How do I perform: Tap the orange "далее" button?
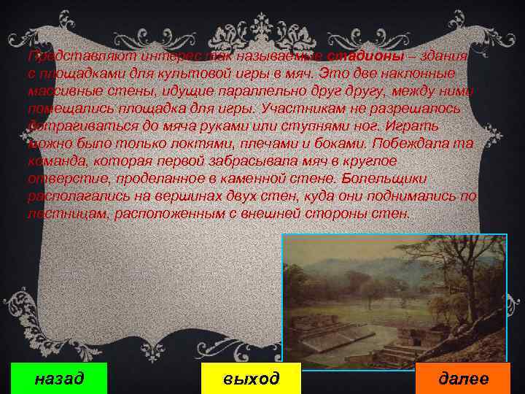463,379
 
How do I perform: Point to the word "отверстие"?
60,179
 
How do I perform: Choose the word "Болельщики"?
407,179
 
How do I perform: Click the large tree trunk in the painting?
459,292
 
